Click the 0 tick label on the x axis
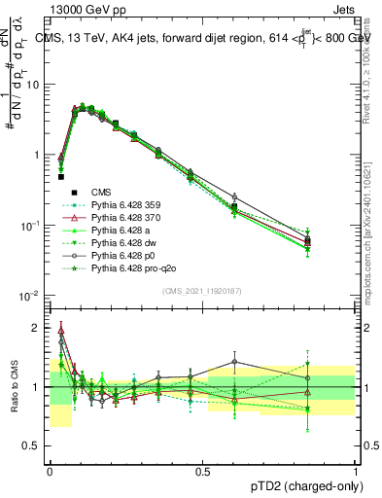coord(50,470)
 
